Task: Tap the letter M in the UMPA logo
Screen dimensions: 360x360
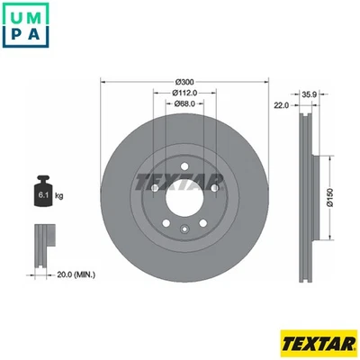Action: (x=39, y=15)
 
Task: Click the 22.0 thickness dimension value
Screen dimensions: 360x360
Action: (x=281, y=105)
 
